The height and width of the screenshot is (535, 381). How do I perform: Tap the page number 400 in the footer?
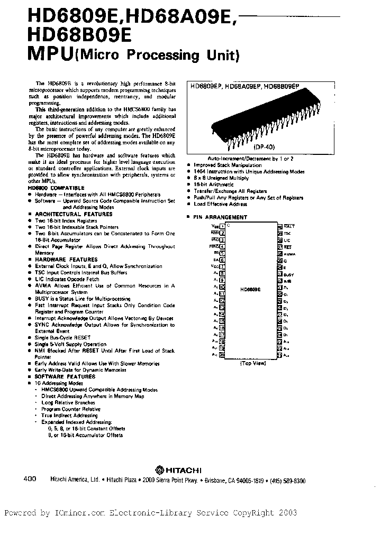coord(30,479)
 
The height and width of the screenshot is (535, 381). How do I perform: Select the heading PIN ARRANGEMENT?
coord(220,217)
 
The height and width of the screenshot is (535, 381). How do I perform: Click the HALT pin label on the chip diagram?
coord(289,226)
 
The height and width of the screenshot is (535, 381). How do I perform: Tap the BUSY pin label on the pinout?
coord(288,275)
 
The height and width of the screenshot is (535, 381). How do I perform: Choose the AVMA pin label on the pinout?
coord(289,254)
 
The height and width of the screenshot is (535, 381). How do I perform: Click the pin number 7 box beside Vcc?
coord(222,267)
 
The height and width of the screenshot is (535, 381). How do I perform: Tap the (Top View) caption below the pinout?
coord(253,364)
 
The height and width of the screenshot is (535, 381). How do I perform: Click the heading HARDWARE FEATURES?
coord(66,260)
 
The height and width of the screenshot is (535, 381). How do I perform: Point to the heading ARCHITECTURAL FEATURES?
coord(74,214)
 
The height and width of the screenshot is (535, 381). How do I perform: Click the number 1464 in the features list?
coord(200,172)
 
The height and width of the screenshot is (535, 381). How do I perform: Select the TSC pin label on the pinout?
coord(287,233)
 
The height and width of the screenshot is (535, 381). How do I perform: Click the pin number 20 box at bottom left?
coord(222,356)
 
